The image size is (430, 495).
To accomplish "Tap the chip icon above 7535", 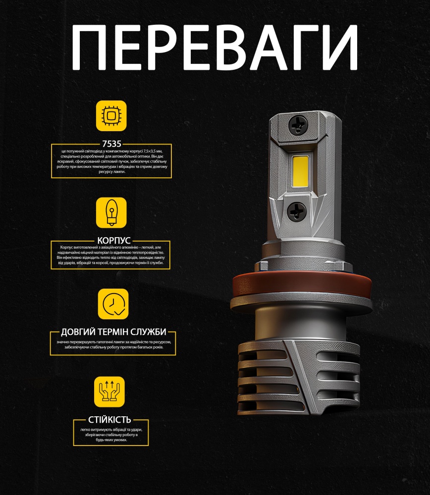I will click(x=111, y=115).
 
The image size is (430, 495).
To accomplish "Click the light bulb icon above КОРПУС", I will click(x=111, y=212).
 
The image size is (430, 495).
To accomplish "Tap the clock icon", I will click(x=112, y=304).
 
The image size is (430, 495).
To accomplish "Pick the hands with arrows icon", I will click(x=109, y=392).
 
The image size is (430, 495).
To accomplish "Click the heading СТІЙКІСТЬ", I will click(x=111, y=420).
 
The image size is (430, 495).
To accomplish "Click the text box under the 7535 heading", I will click(x=111, y=161).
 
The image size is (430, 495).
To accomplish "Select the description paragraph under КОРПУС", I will click(x=111, y=255).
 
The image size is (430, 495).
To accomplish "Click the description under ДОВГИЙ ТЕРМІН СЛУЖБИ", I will click(x=113, y=345).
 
